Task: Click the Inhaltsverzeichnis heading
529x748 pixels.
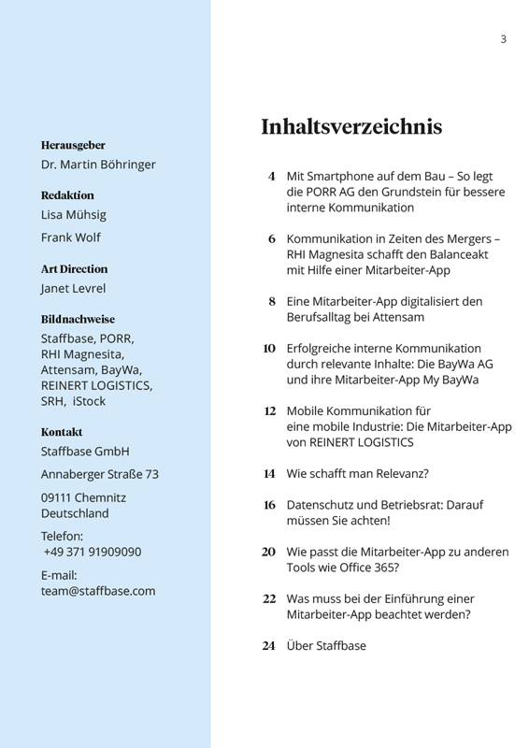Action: point(351,126)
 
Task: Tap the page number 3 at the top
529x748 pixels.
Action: point(503,38)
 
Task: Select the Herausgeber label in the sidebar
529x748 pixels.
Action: point(73,146)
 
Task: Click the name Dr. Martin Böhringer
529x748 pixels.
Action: point(98,165)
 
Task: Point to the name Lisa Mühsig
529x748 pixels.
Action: point(76,214)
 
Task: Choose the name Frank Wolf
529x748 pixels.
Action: point(70,237)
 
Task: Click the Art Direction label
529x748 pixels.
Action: point(74,269)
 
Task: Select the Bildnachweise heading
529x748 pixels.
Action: point(78,319)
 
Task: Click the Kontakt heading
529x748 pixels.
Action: point(62,433)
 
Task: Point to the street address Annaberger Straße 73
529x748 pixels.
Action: point(100,474)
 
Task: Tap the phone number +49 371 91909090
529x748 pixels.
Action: point(93,552)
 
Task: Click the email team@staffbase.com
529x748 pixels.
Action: point(98,591)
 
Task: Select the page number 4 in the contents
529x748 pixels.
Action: point(271,176)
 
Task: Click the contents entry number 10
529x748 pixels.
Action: point(269,348)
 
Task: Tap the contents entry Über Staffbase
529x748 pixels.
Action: point(326,646)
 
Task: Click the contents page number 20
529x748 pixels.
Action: point(268,552)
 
